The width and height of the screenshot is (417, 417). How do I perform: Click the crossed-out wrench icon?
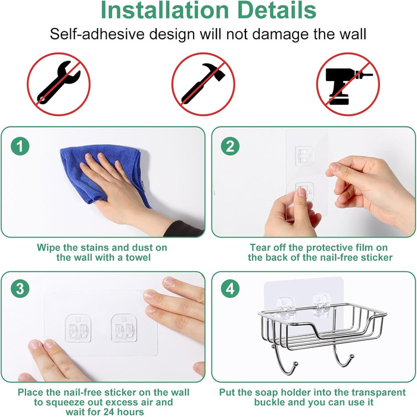pos(59,84)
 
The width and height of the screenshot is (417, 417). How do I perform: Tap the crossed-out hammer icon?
pos(203,84)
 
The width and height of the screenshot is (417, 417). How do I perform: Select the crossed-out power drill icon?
pos(348,84)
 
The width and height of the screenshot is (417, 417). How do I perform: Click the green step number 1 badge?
pos(20,146)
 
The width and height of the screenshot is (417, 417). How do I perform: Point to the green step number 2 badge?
pos(231,146)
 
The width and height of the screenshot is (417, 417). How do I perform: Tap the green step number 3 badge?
pos(20,288)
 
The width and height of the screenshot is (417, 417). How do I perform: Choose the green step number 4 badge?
pos(231,288)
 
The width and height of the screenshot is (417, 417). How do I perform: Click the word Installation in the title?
pos(165,10)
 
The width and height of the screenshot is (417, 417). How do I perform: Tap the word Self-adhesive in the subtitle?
pos(97,34)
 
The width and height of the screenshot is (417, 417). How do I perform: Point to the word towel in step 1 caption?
pos(138,257)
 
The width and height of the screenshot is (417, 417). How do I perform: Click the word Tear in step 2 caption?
pos(259,248)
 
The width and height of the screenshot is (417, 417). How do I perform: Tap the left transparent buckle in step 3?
pos(78,328)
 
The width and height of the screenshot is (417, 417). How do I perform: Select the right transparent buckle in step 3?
pos(124,328)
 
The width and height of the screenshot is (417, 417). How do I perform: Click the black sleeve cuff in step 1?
pos(183,229)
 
